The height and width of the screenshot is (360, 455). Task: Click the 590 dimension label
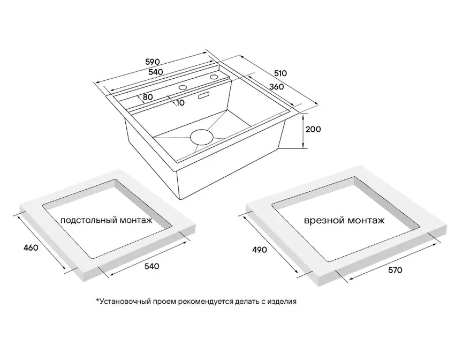pyautogui.click(x=153, y=62)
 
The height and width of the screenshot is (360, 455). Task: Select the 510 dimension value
pyautogui.click(x=280, y=73)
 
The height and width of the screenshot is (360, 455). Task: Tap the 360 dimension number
pyautogui.click(x=276, y=86)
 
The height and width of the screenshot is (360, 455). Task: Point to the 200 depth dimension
pyautogui.click(x=313, y=129)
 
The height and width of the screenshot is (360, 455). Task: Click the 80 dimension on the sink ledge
pyautogui.click(x=148, y=97)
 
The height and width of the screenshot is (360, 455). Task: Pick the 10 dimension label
pyautogui.click(x=180, y=102)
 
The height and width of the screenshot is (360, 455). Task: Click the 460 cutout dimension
pyautogui.click(x=31, y=247)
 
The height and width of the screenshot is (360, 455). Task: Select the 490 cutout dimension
pyautogui.click(x=260, y=250)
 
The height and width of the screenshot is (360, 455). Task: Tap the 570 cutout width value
pyautogui.click(x=395, y=271)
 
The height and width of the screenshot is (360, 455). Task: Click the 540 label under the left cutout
pyautogui.click(x=152, y=266)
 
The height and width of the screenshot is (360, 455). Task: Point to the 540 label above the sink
pyautogui.click(x=156, y=72)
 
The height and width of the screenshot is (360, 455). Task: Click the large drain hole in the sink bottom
pyautogui.click(x=201, y=137)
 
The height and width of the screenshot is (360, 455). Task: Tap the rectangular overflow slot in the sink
pyautogui.click(x=204, y=95)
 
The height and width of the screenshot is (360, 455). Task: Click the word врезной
pyautogui.click(x=324, y=221)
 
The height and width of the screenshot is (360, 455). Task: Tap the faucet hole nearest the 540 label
pyautogui.click(x=183, y=87)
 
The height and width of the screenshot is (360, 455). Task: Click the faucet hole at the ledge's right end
pyautogui.click(x=215, y=77)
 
